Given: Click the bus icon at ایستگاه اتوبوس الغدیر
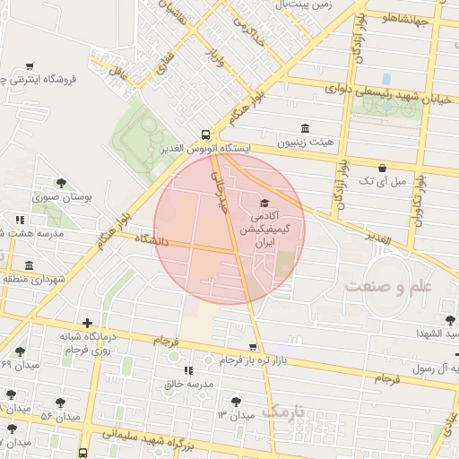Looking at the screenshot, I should (206, 132).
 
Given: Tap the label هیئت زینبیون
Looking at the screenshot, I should (305, 143).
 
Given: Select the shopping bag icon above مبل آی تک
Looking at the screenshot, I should (383, 168).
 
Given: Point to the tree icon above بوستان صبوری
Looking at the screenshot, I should (61, 183).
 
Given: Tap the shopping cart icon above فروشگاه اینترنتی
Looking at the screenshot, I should (30, 65).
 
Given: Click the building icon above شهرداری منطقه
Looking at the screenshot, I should (30, 265).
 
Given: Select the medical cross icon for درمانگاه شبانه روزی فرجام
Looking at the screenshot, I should (86, 323).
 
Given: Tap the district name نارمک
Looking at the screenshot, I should (284, 411).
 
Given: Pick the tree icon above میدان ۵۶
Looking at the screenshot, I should (61, 403).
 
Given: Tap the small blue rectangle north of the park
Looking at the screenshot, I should (386, 79).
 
